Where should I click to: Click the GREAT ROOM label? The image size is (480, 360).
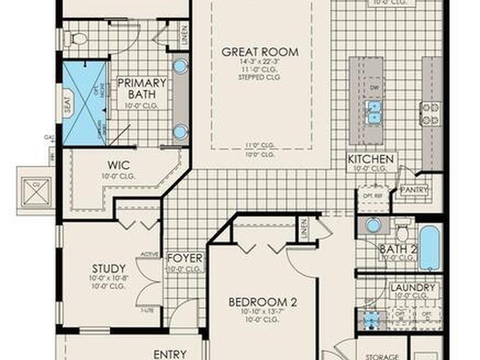click(260, 52)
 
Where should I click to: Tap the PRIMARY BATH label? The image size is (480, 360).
click(142, 89)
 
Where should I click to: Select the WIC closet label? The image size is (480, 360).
click(118, 165)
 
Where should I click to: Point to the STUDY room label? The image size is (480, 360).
click(109, 269)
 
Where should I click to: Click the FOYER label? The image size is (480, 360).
click(185, 258)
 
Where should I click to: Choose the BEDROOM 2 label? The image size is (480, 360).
click(262, 302)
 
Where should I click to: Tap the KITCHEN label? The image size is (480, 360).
click(370, 159)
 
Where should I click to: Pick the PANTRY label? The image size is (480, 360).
click(414, 190)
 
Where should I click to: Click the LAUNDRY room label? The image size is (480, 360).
click(412, 287)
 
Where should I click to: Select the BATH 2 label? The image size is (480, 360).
click(397, 250)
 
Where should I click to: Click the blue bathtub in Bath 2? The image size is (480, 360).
click(429, 248)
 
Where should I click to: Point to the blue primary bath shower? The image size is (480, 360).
click(84, 103)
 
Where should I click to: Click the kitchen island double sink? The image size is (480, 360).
click(374, 112)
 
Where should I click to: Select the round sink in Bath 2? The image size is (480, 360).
click(373, 225)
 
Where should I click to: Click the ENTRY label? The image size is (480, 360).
click(170, 354)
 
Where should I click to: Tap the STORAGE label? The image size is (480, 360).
click(382, 357)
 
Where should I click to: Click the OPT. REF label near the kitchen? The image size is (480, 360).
click(373, 193)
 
